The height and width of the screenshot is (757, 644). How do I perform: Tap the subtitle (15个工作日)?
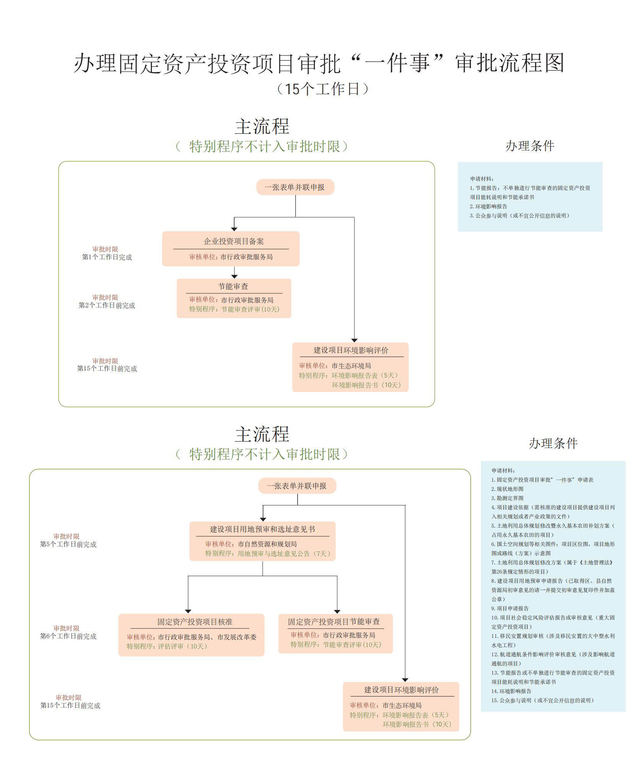click(322, 89)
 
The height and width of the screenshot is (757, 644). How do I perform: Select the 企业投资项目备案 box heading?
click(233, 241)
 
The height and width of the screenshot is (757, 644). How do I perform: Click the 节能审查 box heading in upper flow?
click(233, 286)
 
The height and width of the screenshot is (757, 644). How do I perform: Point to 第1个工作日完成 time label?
click(107, 257)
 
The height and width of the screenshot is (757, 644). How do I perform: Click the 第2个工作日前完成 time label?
click(107, 306)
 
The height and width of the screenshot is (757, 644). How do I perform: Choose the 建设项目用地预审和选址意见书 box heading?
click(262, 529)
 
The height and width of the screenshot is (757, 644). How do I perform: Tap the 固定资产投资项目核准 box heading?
click(195, 622)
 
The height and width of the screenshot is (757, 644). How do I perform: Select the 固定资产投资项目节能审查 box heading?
click(334, 621)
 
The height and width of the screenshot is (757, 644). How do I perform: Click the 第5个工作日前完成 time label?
click(68, 544)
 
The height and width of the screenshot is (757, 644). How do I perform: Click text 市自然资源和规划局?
click(267, 544)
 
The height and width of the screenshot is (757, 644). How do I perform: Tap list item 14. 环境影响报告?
click(511, 691)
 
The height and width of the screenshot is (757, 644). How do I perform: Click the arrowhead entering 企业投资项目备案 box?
click(234, 229)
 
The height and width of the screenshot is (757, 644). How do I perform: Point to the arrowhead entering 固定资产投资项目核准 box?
click(188, 611)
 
